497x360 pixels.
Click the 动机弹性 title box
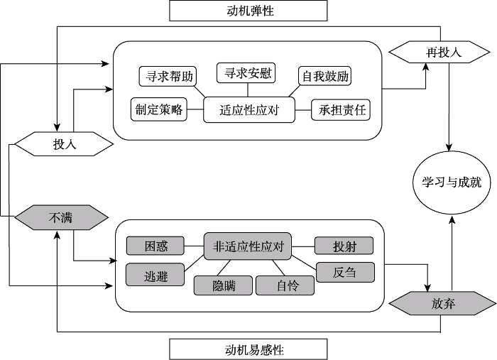[x=248, y=11]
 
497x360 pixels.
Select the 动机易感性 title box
[x=248, y=349]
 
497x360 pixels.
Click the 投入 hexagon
[x=64, y=144]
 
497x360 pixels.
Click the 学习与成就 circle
[x=447, y=182]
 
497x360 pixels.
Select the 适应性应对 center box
[x=248, y=110]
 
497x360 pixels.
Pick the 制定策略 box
[x=158, y=109]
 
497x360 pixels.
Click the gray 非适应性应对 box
[x=248, y=246]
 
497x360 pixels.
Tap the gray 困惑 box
[x=155, y=246]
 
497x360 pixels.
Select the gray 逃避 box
[x=155, y=276]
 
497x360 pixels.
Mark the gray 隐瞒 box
[x=223, y=285]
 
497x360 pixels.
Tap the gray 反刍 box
[x=344, y=272]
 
